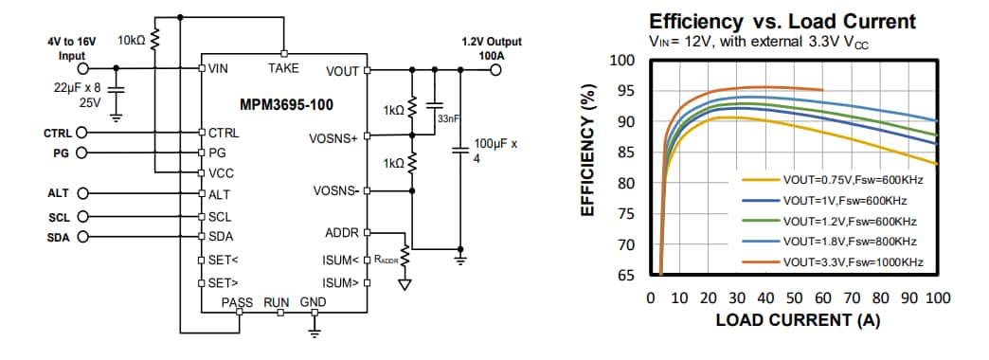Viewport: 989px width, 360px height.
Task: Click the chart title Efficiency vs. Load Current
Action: point(782,21)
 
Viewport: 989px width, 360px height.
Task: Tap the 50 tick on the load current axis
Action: point(794,298)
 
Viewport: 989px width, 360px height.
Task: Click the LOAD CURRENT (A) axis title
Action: point(797,320)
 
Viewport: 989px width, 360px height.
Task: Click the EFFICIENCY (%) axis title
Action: point(588,152)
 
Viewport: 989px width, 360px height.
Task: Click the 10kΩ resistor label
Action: point(132,41)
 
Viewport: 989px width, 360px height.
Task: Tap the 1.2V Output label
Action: point(491,43)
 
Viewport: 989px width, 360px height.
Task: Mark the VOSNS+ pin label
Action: point(333,138)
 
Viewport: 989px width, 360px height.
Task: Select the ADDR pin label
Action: point(341,233)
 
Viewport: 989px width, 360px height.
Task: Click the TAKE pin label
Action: point(283,68)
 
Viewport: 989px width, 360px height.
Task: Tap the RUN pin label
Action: point(276,302)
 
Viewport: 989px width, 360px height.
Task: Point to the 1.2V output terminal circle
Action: point(494,69)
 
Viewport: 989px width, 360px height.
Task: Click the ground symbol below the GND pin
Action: point(315,330)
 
